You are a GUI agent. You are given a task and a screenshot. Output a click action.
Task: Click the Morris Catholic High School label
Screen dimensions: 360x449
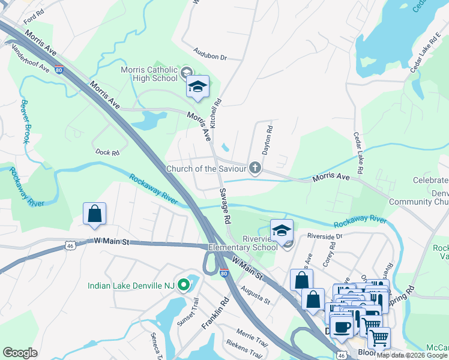coord(149,74)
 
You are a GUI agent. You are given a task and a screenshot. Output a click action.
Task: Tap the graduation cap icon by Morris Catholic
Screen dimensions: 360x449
coord(197,88)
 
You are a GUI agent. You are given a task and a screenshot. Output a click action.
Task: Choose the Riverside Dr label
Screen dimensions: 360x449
coord(324,236)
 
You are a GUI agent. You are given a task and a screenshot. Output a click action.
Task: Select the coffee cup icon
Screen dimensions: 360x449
coord(342,328)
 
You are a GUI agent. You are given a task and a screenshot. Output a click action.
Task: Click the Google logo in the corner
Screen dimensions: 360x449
coord(20,353)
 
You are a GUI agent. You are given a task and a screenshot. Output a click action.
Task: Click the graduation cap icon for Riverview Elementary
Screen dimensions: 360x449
coord(281,230)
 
